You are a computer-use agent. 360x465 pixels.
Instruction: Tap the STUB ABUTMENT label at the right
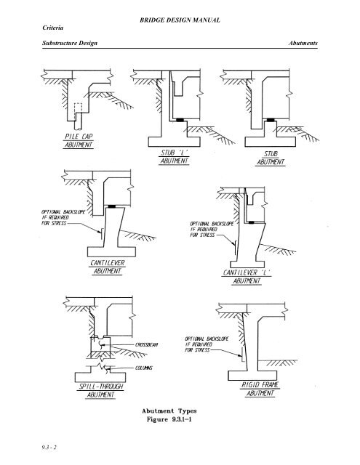pos(273,158)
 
